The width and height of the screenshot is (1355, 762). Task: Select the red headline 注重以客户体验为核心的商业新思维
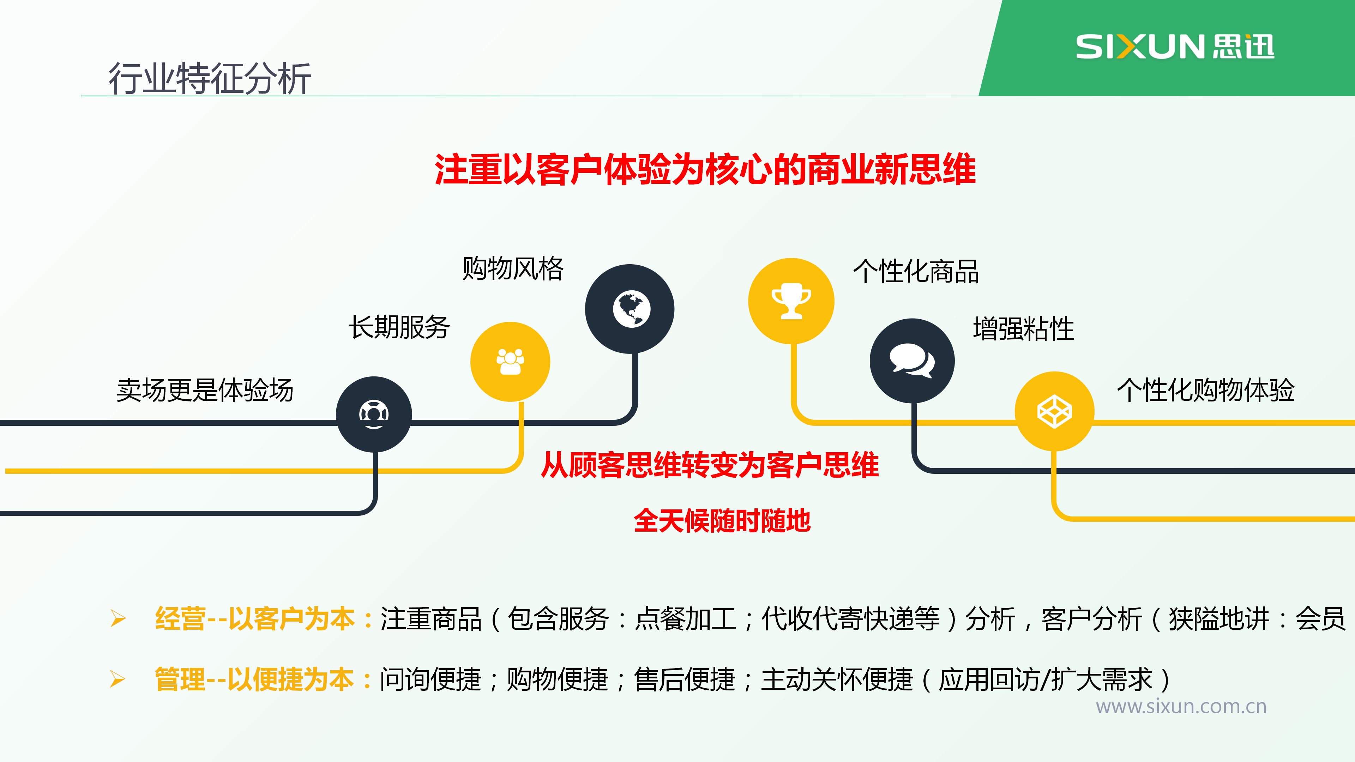coord(705,169)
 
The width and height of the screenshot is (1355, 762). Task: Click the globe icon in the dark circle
coord(631,309)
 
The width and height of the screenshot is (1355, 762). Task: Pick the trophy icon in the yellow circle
coord(791,301)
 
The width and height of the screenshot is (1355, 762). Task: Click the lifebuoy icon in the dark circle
coord(374,415)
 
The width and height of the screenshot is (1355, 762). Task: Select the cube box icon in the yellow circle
coord(1054,411)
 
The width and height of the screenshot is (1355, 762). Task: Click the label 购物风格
coord(513,269)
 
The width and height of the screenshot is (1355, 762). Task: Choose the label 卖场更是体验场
coord(205,390)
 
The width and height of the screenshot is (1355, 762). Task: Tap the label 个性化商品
coord(916,272)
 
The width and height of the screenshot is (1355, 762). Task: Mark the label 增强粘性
coord(1024,329)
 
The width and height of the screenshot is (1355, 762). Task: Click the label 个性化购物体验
coord(1206,390)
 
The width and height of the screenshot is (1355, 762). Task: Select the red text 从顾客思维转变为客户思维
coord(710,465)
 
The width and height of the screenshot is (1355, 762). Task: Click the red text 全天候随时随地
coord(722,521)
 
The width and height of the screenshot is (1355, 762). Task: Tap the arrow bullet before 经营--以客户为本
coord(118,618)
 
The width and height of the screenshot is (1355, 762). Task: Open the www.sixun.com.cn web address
coord(1181,706)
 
